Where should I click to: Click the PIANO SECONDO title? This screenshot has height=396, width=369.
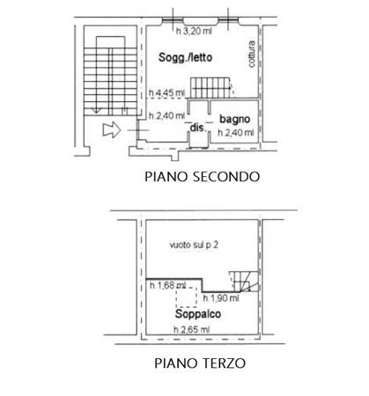coord(203,177)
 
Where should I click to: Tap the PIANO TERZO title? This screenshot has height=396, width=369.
coord(200,363)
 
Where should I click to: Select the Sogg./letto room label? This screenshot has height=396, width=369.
coord(185,57)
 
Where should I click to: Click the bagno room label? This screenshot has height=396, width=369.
coord(235,119)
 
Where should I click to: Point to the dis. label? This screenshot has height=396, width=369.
coord(198,128)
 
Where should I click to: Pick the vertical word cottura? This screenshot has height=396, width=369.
coord(252,55)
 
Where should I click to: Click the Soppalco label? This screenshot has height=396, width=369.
coord(198,314)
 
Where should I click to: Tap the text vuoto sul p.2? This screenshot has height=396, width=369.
coord(194,245)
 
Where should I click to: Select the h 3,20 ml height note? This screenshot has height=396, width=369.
coord(194,31)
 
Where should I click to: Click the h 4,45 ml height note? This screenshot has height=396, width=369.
coord(166,93)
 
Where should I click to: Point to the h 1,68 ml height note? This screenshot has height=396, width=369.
coord(167,285)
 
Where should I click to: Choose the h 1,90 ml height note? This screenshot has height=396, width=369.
coord(221,298)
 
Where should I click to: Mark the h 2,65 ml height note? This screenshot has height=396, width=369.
coord(191,330)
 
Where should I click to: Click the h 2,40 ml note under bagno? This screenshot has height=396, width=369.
coord(236,133)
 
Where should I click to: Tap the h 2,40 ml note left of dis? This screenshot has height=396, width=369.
coord(166,116)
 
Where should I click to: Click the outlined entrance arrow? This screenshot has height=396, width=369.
coord(112,130)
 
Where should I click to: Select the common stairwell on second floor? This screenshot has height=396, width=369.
coord(110,76)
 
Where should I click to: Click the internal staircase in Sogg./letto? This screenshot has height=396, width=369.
coord(212,87)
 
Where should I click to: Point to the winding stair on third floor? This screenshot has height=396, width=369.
coord(244,282)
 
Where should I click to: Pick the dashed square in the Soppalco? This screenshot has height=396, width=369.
coord(186,297)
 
